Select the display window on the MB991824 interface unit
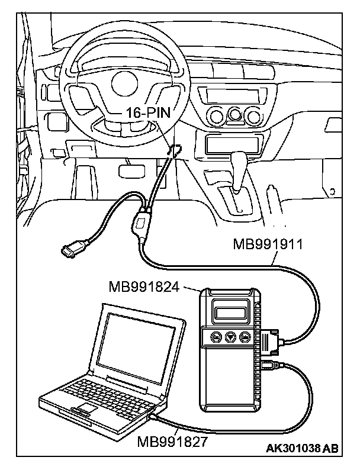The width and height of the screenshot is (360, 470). (230, 310)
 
